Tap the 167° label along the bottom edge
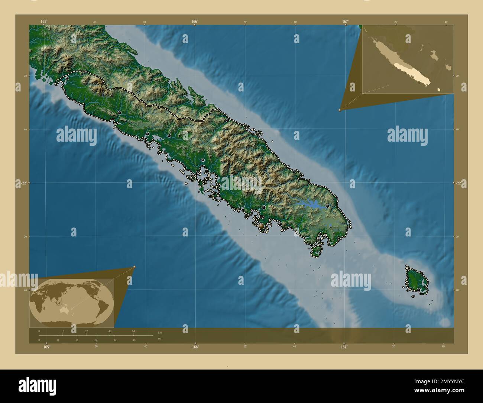[344, 347]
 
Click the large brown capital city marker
[262, 226]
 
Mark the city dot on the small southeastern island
[418, 290]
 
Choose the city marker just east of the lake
[327, 206]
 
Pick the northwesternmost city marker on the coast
[67, 78]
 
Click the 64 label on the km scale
[133, 331]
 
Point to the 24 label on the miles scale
[96, 340]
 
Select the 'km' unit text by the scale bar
[160, 332]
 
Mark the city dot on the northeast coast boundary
[228, 120]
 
